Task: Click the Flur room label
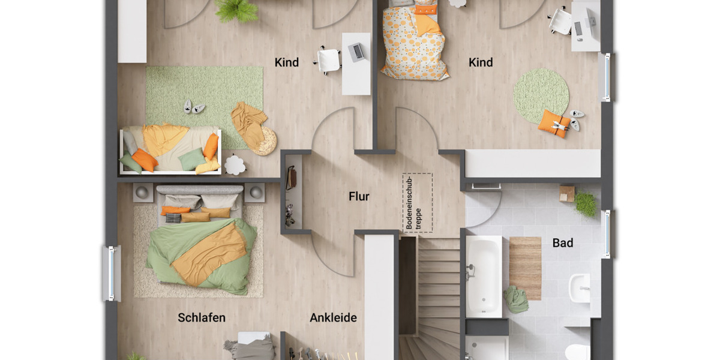click(x=359, y=196)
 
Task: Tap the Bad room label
click(x=563, y=243)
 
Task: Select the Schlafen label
click(x=202, y=317)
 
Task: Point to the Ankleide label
click(x=333, y=317)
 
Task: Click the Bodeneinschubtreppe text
click(x=414, y=203)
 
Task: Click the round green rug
click(x=541, y=95)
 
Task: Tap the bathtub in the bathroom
click(x=484, y=276)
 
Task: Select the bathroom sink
click(x=579, y=287)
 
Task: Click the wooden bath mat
click(x=525, y=267)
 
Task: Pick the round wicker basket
click(x=264, y=142)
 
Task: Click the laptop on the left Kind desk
click(x=356, y=52)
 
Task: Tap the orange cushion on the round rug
click(x=553, y=124)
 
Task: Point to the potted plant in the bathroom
click(x=586, y=204)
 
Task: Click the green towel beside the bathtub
click(x=515, y=299)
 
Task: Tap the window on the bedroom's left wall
click(x=111, y=273)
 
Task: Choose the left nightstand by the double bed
click(x=143, y=193)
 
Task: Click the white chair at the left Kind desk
click(x=329, y=60)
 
